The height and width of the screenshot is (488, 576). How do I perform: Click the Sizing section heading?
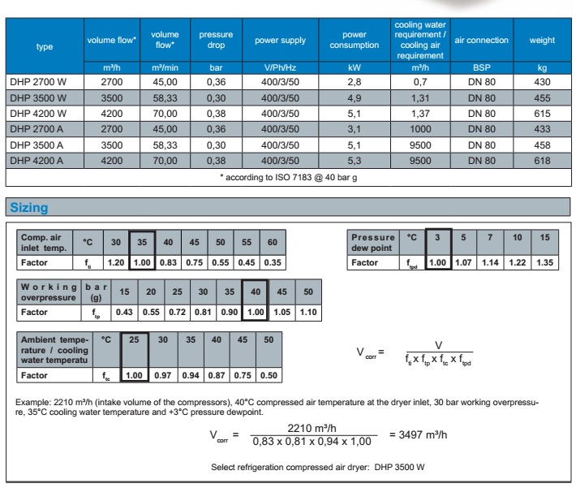[x=28, y=208]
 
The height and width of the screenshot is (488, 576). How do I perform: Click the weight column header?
[x=542, y=40]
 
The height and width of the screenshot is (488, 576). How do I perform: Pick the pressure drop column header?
[x=216, y=40]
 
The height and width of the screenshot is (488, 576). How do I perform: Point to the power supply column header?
[x=280, y=40]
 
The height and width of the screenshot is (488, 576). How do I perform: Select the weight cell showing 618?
[x=542, y=161]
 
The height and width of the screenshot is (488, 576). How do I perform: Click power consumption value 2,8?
[x=355, y=82]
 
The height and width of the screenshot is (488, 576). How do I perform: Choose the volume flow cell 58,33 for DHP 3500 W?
[x=165, y=98]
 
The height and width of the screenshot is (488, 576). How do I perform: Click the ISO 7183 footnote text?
[x=290, y=178]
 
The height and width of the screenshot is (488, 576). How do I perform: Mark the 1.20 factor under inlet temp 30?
[x=116, y=263]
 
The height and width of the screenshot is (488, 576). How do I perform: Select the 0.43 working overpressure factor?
[x=125, y=313]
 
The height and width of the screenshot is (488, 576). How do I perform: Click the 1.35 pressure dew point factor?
[x=544, y=263]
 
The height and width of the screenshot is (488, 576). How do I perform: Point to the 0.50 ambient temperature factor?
[x=269, y=375]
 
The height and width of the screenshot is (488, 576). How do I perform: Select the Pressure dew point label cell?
[x=372, y=241]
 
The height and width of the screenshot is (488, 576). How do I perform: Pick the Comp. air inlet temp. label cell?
[x=45, y=241]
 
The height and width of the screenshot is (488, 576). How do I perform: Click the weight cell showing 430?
[x=542, y=82]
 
